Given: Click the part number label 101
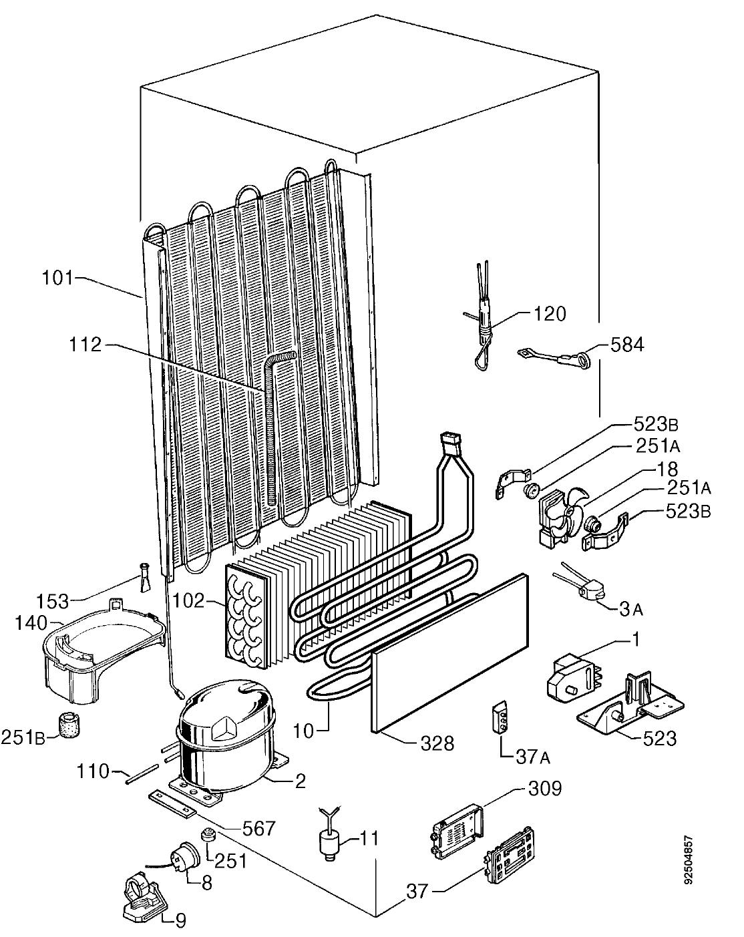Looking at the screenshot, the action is point(57,278).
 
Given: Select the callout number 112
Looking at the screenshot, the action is point(85,345).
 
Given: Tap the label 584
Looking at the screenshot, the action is point(627,345).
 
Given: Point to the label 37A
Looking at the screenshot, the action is point(533,758).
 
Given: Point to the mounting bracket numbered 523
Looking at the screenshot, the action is point(630,706).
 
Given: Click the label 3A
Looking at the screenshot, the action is point(631,610).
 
